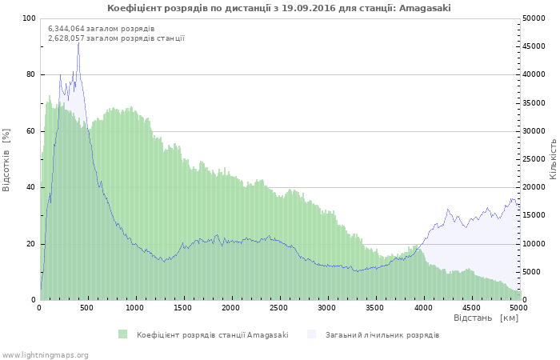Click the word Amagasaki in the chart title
[425, 8]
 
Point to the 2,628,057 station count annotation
[116, 38]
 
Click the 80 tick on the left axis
[31, 74]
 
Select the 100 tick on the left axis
[29, 18]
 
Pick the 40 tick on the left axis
[31, 187]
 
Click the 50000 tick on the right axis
[534, 18]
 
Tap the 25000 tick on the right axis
[534, 159]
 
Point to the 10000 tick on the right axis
[534, 244]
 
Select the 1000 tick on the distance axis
[135, 307]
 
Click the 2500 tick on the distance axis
[279, 307]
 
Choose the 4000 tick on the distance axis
[423, 307]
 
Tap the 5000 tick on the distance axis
[518, 307]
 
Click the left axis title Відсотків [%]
[6, 159]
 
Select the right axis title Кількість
[553, 158]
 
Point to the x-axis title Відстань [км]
[486, 318]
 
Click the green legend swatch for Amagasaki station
[122, 334]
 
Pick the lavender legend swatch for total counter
[311, 334]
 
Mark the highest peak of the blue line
[78, 42]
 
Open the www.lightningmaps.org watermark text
[45, 354]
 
